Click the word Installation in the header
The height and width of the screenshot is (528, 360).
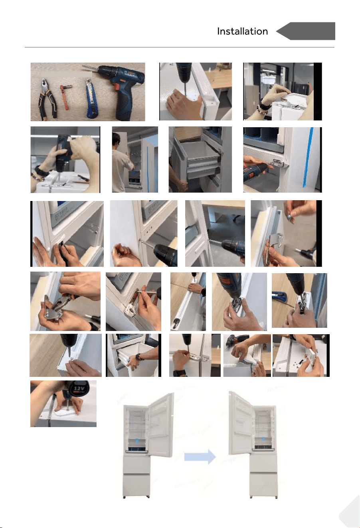242,32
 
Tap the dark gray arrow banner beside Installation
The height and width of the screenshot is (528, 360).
306,31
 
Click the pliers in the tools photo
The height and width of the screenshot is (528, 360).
47,99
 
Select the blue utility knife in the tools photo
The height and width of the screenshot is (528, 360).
92,98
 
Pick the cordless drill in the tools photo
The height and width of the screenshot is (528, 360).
118,90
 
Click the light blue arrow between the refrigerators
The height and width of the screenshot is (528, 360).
200,457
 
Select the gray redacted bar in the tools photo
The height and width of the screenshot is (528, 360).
67,74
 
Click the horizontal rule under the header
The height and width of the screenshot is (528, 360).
180,47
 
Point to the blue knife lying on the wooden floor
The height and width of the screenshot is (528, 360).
279,296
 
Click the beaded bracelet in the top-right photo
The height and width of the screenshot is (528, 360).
264,110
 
